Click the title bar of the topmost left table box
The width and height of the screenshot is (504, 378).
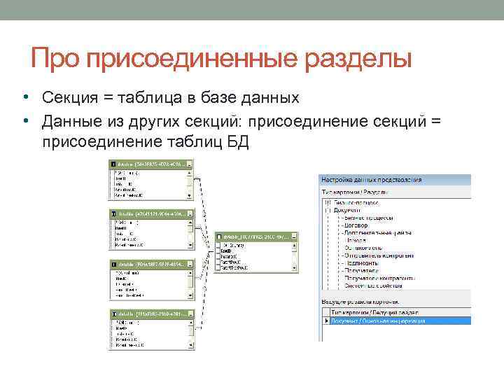point(148,164)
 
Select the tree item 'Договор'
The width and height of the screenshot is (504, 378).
point(358,224)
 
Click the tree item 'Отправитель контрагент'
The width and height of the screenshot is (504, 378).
point(379,255)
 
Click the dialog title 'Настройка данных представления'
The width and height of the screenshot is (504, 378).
point(372,179)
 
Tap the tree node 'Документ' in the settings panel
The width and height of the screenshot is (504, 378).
point(347,209)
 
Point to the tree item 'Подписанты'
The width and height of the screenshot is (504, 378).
point(361,262)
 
